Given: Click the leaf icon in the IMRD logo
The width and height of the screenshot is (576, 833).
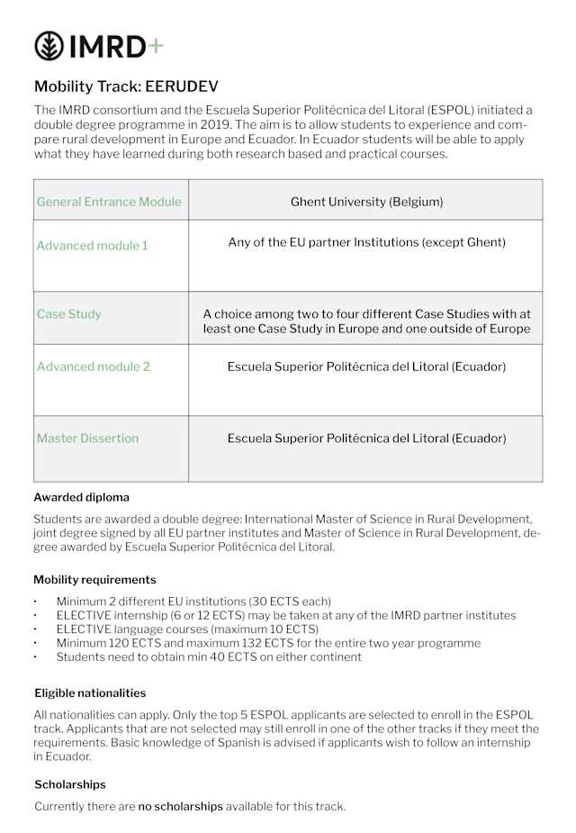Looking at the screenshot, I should [x=49, y=46].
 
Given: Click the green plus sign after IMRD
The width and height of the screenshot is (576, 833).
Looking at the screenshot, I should [x=155, y=46].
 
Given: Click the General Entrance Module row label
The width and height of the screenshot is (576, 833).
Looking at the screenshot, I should [x=109, y=202].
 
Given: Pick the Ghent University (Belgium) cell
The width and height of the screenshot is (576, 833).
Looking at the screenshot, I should [x=366, y=202].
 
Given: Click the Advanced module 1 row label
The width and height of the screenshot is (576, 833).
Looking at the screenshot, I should [x=92, y=245].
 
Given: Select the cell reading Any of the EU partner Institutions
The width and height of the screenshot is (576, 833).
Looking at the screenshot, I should [x=366, y=242].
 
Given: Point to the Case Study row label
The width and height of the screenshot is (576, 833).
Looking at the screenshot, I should [x=68, y=314].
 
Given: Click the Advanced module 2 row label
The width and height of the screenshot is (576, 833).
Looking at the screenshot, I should [x=93, y=367].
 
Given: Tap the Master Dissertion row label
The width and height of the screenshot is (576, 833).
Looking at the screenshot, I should [x=87, y=439].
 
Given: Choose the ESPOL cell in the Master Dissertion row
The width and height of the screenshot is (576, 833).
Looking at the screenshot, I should [x=366, y=439].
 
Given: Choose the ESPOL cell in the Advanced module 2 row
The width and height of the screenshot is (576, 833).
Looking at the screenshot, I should [x=366, y=367].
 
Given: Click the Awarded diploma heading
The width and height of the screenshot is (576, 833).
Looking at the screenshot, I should [x=81, y=497].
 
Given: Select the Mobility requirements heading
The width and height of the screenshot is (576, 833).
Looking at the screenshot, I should [x=94, y=580].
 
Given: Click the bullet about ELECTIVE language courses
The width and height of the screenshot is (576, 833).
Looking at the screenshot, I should [x=187, y=629].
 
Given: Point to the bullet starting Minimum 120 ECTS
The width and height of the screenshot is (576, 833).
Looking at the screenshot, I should [x=268, y=643].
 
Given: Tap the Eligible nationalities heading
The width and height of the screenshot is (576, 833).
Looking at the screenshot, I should [x=90, y=693].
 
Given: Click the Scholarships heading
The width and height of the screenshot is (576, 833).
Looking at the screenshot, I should [x=70, y=784].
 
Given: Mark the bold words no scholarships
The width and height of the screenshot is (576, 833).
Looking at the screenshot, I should [x=180, y=807].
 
